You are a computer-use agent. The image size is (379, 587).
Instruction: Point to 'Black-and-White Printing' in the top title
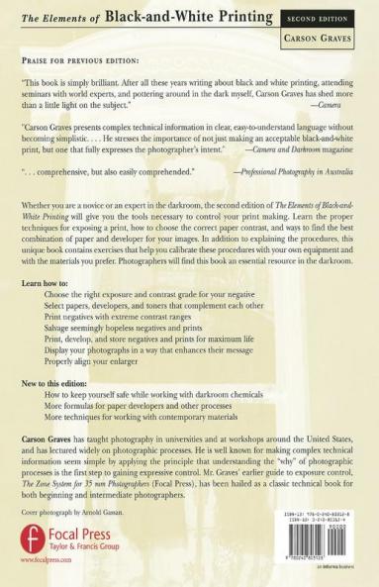click(x=189, y=17)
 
